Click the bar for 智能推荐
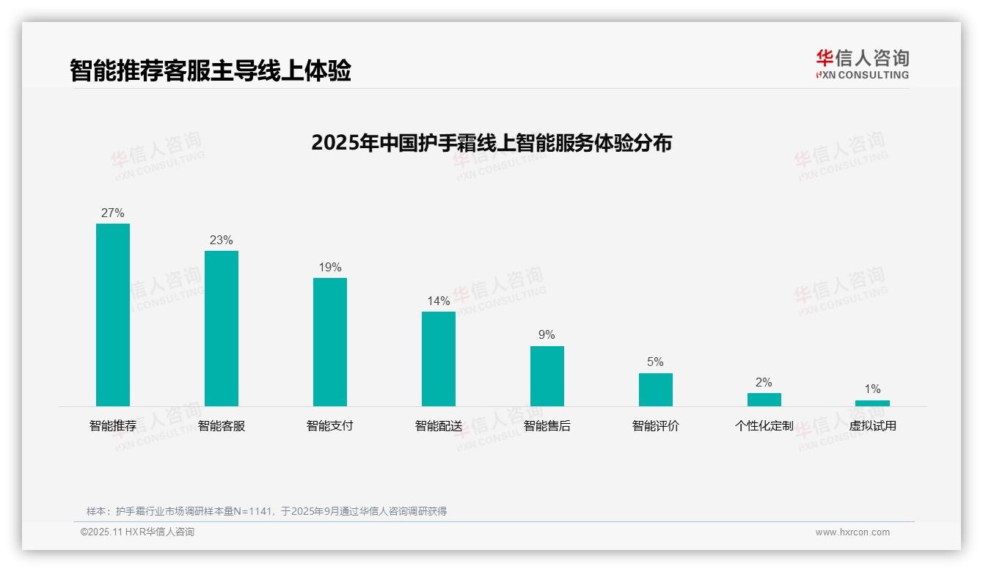(113, 315)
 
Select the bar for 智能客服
(222, 329)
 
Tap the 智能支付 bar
(330, 342)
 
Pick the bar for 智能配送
(439, 359)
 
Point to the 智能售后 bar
(547, 376)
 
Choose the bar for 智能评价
(656, 389)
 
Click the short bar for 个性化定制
(764, 400)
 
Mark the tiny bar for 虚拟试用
(872, 403)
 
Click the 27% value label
(113, 213)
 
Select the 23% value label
(222, 241)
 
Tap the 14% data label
(439, 301)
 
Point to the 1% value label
(872, 389)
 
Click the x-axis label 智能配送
(439, 426)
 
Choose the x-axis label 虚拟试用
(872, 426)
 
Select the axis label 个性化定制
(764, 426)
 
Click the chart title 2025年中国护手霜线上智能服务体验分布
(491, 143)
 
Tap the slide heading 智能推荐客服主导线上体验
(211, 70)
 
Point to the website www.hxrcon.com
(852, 532)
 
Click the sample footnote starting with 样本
(266, 511)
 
